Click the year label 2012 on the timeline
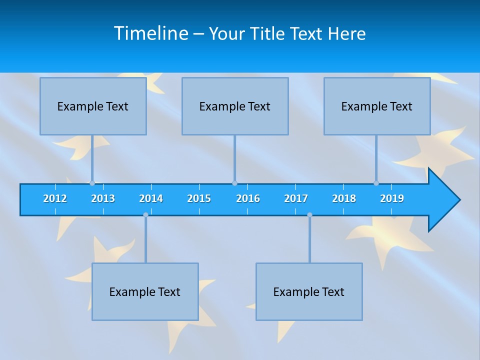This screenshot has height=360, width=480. [55, 198]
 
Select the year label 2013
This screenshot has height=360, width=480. [103, 198]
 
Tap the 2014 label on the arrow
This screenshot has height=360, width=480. [151, 198]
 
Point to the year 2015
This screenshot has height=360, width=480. [199, 198]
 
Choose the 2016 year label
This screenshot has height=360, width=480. [248, 198]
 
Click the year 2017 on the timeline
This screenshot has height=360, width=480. [296, 198]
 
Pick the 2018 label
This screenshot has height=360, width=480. [344, 198]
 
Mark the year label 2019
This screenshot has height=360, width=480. [392, 198]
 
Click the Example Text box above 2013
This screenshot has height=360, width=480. [93, 106]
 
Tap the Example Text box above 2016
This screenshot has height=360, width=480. [235, 106]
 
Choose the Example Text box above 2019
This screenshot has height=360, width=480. [377, 106]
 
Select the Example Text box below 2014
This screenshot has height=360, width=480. [145, 291]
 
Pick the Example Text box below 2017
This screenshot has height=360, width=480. [309, 291]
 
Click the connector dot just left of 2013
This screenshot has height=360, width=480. [92, 183]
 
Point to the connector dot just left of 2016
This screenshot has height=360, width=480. [234, 183]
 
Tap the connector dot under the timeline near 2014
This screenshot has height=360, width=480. [145, 215]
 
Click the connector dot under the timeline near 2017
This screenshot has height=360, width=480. [309, 215]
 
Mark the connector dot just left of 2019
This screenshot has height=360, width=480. [376, 183]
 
